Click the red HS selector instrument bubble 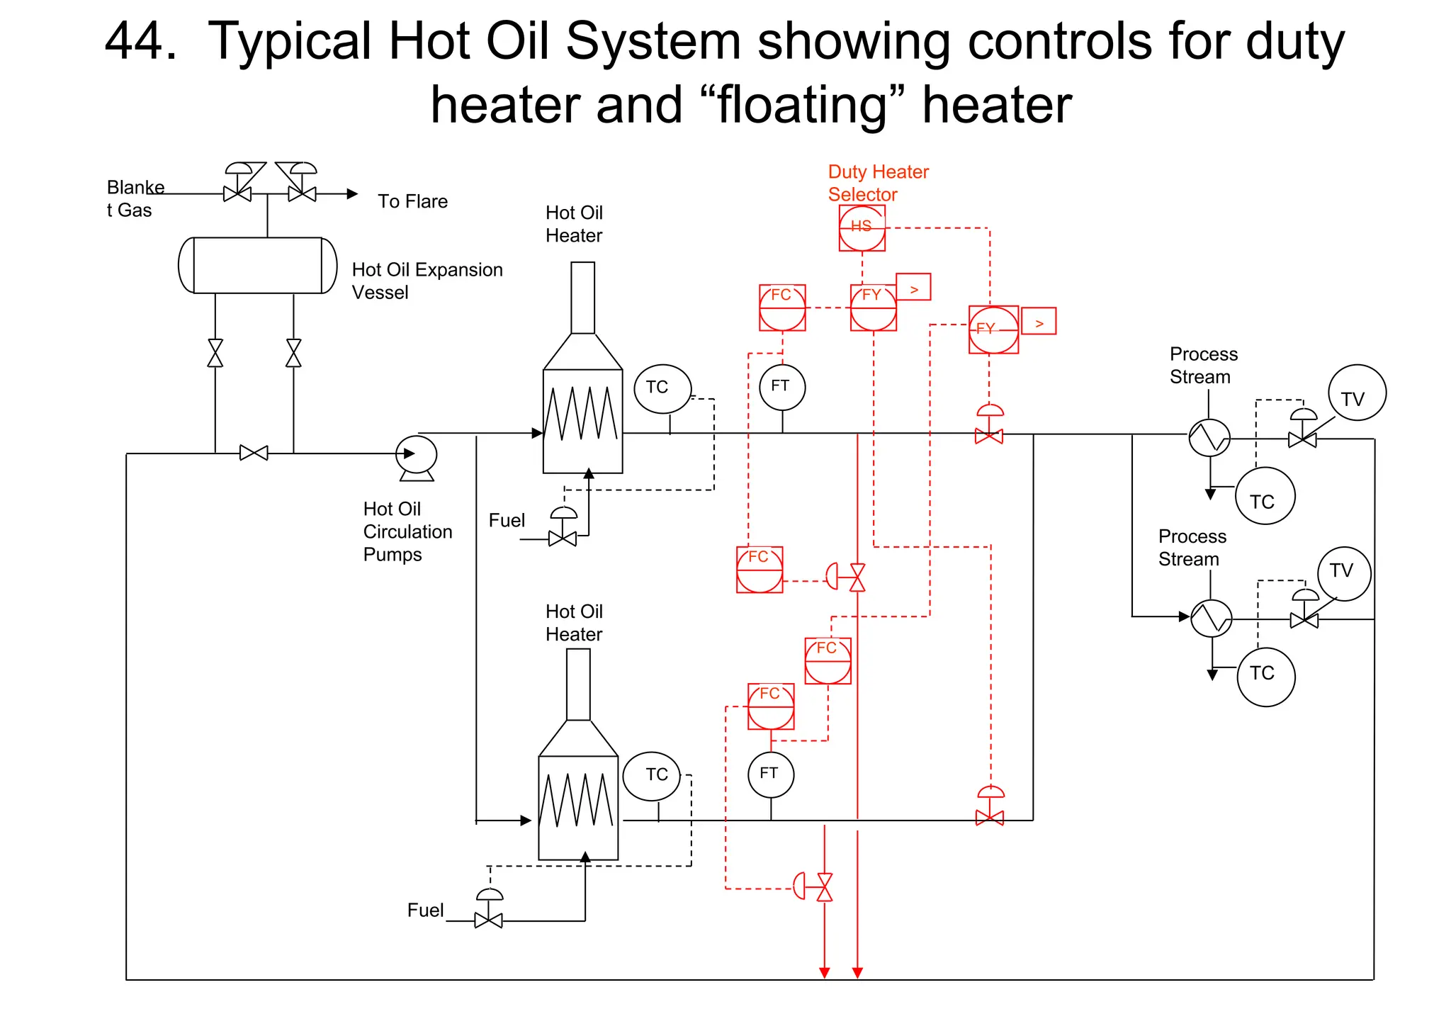862,228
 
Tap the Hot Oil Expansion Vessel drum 257,265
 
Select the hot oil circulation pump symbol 417,456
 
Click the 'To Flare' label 412,201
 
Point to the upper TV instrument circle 1357,393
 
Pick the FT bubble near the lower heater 771,774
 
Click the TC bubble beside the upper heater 662,388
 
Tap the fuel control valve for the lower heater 489,919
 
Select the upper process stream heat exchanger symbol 1209,438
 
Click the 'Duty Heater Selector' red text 878,183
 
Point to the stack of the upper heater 583,298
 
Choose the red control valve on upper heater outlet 989,435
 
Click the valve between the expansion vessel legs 254,453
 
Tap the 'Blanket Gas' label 135,198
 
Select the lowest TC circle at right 1266,677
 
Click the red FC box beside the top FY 782,308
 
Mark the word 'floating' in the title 802,105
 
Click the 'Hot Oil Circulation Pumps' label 407,531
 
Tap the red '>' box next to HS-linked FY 913,287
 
